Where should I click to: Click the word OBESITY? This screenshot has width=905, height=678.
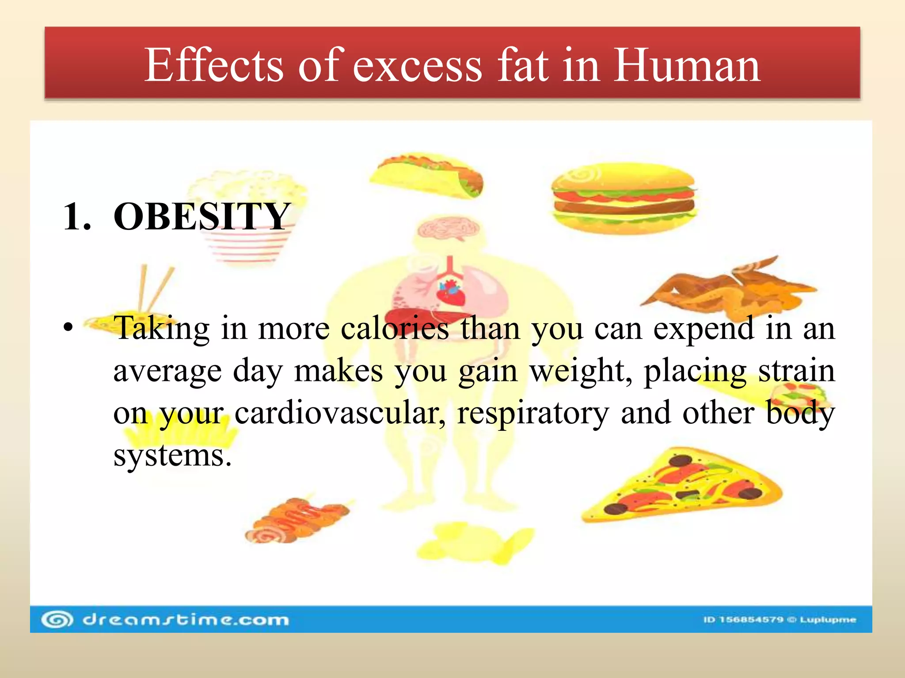coord(202,216)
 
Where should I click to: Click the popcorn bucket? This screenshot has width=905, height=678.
coord(247,216)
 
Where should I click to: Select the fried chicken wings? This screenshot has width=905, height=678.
coord(729,287)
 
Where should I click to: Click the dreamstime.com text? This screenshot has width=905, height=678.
coord(186,620)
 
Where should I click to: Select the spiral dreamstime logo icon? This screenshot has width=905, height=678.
coord(57,620)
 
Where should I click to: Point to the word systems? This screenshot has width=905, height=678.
coord(172,456)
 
